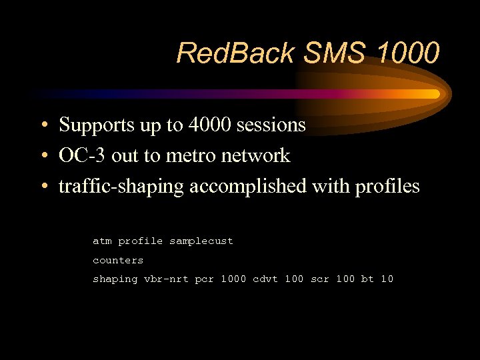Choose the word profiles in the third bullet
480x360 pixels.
click(x=387, y=187)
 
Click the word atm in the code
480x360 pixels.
click(x=102, y=241)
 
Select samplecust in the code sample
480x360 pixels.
click(x=201, y=241)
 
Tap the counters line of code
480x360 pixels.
click(x=118, y=260)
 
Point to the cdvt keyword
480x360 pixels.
click(x=265, y=279)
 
